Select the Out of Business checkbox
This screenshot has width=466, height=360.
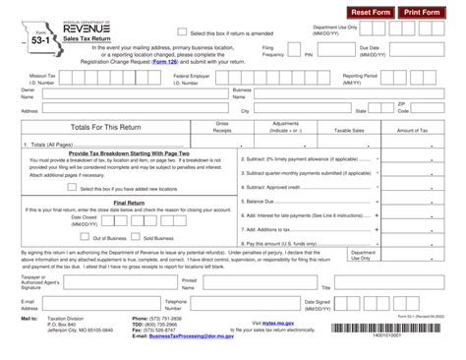[86, 237]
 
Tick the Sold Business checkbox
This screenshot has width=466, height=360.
[137, 237]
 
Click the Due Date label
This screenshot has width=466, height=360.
[370, 47]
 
